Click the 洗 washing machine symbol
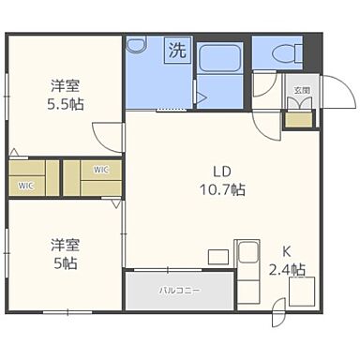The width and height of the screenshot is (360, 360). point(177,50)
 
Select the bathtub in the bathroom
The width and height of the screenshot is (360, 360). point(219,58)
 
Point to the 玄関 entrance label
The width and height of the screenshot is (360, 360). point(302,91)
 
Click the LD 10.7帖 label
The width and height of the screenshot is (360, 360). point(222,180)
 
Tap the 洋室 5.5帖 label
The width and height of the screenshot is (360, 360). point(66,95)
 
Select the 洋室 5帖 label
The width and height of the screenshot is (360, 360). point(66,254)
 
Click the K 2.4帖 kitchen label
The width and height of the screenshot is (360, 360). point(287,261)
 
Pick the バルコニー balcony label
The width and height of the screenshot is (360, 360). point(179,291)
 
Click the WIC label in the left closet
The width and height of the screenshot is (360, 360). point(25,186)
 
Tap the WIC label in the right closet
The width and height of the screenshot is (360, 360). point(101,170)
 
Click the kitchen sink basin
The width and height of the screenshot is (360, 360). point(248,253)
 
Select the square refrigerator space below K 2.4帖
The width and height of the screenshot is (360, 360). point(302,292)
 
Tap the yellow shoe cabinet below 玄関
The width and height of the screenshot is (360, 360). point(298,120)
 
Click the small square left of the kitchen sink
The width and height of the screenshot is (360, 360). point(218,257)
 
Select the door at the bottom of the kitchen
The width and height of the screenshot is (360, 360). point(278,312)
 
